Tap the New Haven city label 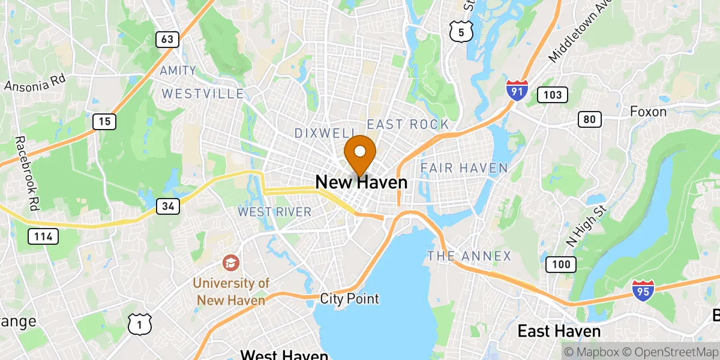(361, 182)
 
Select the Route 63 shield (167, 40)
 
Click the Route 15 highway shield (104, 122)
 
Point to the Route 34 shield (168, 206)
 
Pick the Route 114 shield (44, 236)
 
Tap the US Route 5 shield (460, 32)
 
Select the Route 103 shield (552, 94)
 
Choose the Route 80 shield (590, 119)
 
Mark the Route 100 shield (561, 264)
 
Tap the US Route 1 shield (139, 323)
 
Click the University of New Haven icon (230, 262)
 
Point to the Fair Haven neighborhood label (464, 168)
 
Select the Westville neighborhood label (203, 94)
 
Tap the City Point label (349, 298)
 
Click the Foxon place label (648, 112)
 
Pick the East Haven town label (559, 331)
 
